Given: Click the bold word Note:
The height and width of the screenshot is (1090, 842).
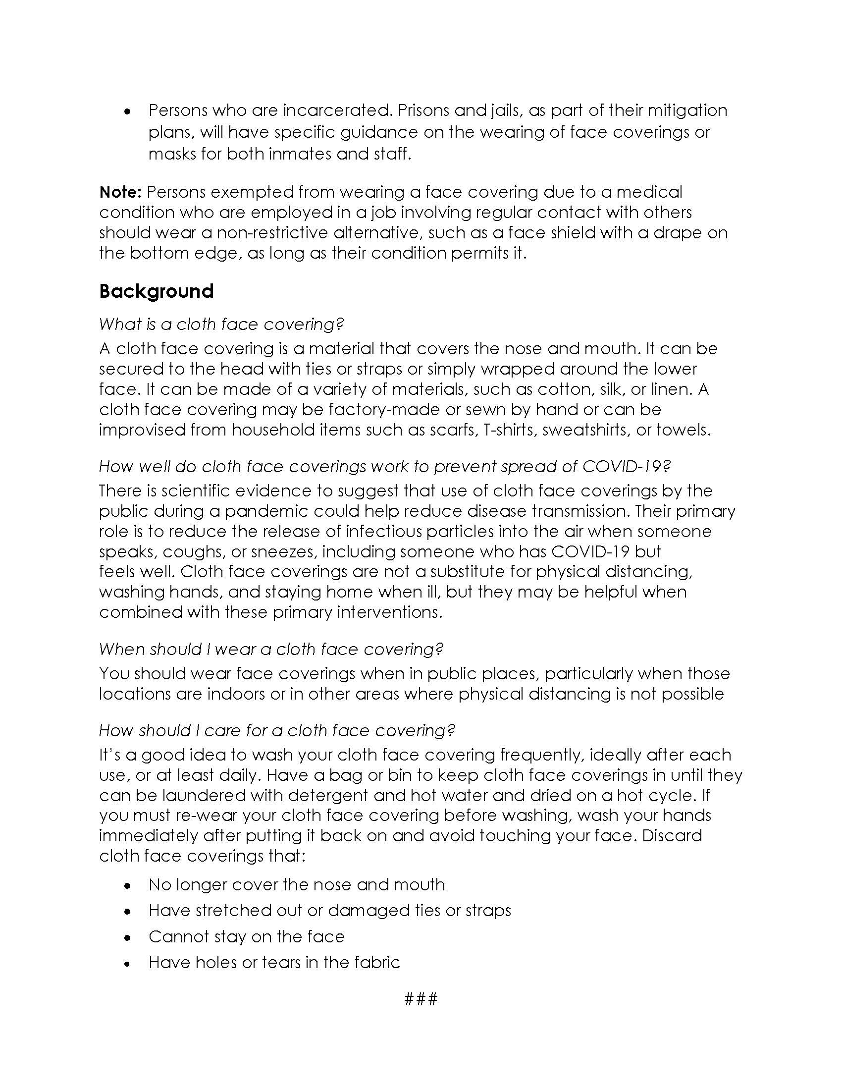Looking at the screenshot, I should [121, 192].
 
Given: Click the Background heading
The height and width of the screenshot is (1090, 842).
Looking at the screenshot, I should [156, 291].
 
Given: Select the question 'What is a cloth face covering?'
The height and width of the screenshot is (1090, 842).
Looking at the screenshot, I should [221, 325].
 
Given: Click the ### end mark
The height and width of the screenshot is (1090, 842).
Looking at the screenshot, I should [421, 999].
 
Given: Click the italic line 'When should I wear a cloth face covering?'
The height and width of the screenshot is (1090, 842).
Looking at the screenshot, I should [271, 649].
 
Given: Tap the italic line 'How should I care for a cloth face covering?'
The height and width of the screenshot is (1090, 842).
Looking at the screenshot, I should [277, 730].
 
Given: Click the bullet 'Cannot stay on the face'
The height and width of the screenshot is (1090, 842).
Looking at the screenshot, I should [247, 937].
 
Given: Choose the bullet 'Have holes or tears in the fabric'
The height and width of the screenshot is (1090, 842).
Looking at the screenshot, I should [274, 962].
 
